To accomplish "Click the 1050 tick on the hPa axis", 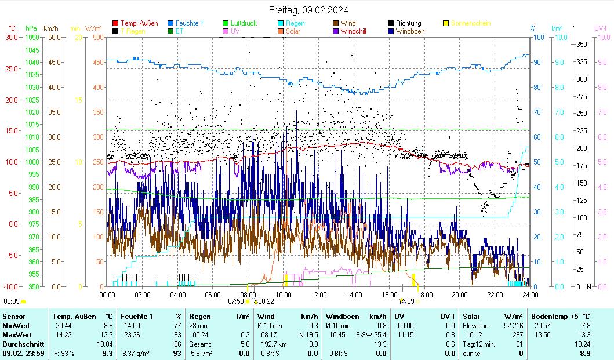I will [x=32, y=37].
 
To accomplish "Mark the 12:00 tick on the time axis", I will [x=319, y=294].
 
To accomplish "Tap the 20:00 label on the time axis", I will [x=460, y=294].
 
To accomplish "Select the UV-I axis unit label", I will [x=600, y=28].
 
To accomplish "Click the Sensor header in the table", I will [x=13, y=317].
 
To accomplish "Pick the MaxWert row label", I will [x=17, y=335].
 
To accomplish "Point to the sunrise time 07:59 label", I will [x=235, y=301].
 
